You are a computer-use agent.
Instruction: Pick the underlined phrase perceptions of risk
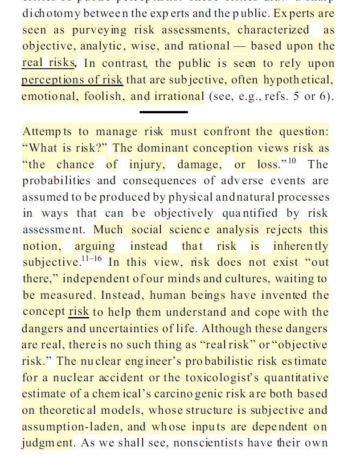(x=72, y=79)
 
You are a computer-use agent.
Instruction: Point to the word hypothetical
(x=298, y=79)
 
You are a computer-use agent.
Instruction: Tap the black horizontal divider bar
(x=164, y=111)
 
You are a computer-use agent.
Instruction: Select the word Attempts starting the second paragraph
(x=47, y=132)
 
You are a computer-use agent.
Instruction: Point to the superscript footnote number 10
(x=292, y=160)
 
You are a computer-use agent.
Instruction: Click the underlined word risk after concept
(x=79, y=312)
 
